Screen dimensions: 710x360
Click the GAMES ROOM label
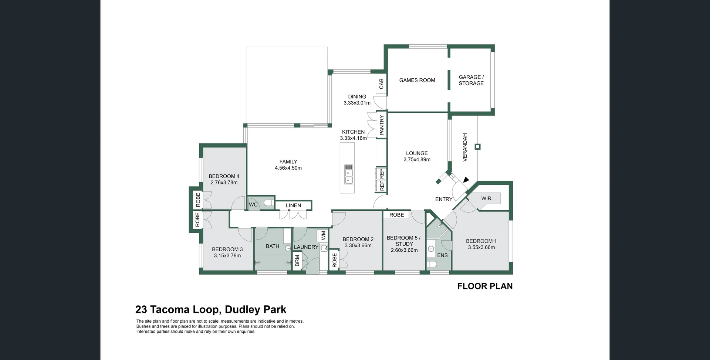tap(417, 80)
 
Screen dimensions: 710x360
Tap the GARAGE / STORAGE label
tap(471, 80)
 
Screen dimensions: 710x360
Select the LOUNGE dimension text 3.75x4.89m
tap(417, 160)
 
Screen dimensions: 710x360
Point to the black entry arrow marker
tap(466, 180)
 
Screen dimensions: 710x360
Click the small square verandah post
tap(477, 147)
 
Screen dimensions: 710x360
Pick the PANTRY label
tap(382, 125)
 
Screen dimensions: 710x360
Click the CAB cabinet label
tap(381, 84)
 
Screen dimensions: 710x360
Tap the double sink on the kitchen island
tap(349, 174)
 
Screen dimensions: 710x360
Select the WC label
tap(253, 205)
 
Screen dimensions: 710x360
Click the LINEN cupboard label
tap(293, 206)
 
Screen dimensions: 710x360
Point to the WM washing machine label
tap(324, 235)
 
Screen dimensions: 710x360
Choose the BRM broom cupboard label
tap(297, 261)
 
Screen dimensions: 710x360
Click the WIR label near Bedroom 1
tap(486, 198)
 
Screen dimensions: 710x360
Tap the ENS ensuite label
tap(442, 255)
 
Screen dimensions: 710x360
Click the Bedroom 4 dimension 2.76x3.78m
tap(224, 183)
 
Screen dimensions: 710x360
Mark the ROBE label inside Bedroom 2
tap(335, 260)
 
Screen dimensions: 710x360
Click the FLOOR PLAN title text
tap(485, 286)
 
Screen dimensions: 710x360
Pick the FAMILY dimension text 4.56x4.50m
tap(288, 168)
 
